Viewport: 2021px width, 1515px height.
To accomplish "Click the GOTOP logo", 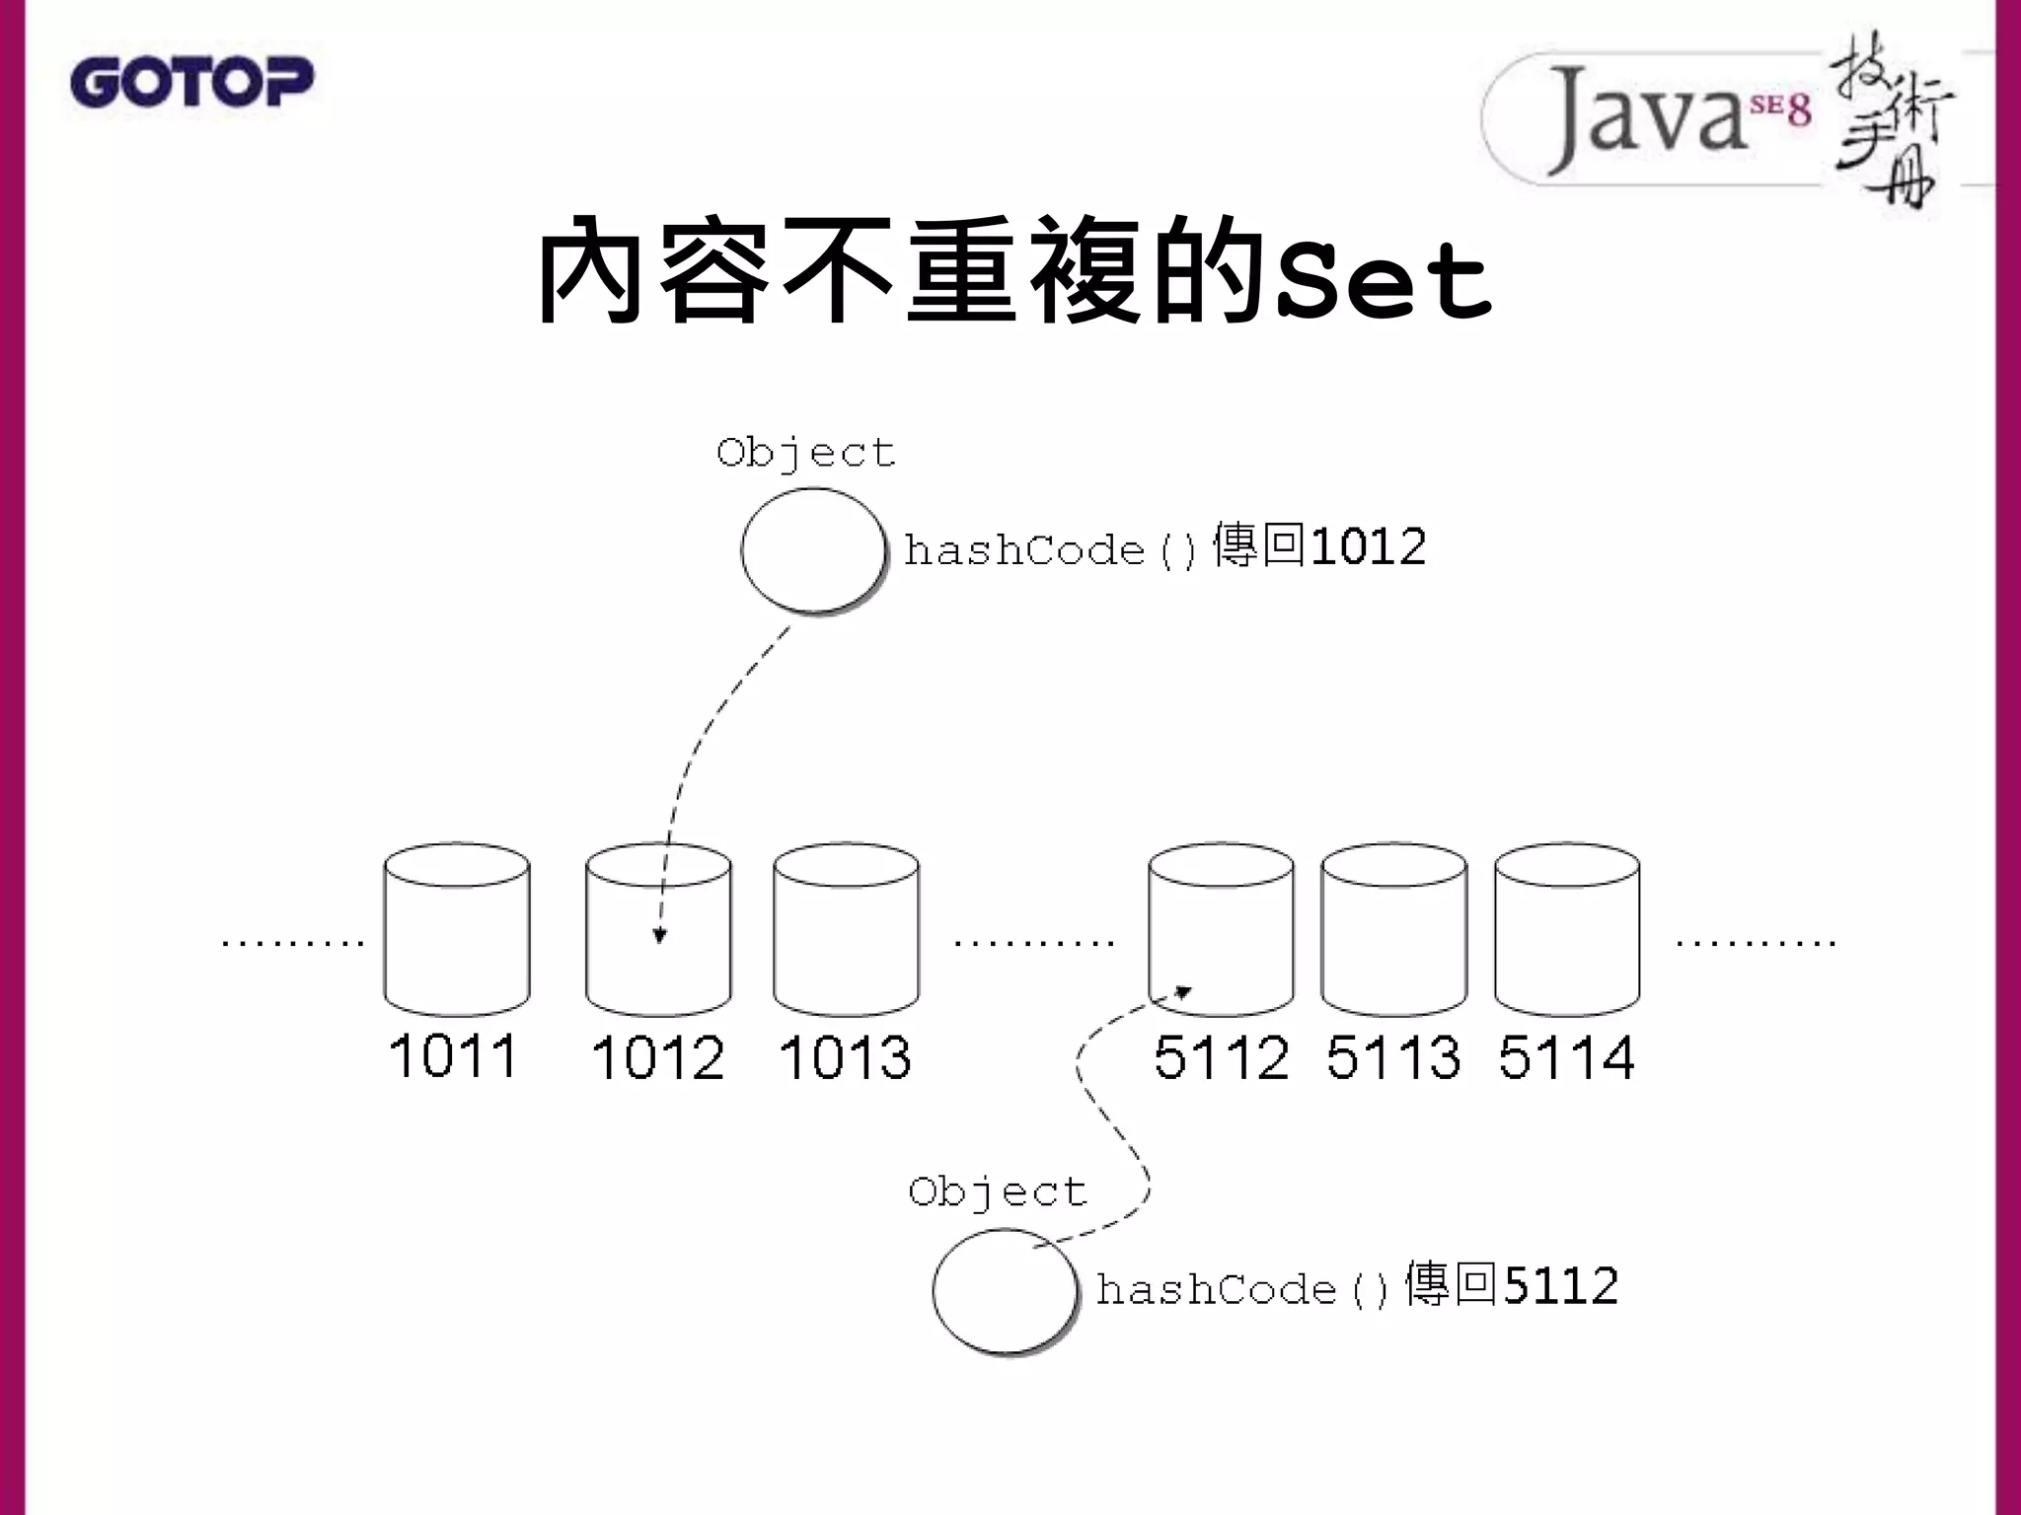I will (191, 81).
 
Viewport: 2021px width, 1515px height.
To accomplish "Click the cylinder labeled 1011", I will (457, 929).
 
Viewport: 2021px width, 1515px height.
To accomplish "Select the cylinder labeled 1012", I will (658, 929).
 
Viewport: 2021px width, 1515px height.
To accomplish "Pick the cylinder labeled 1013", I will (846, 929).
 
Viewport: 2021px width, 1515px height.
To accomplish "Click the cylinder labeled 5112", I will (1221, 929).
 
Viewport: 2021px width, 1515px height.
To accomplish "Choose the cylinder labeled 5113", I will (1393, 929).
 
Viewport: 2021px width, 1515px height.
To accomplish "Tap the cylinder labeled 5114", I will (1567, 929).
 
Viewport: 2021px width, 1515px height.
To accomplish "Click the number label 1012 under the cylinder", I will (657, 1058).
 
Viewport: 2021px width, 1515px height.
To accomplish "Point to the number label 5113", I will (1392, 1057).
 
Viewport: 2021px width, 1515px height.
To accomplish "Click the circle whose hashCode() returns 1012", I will (813, 550).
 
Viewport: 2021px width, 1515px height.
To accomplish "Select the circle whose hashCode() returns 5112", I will (1004, 1289).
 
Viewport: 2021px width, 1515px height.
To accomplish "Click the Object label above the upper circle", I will (805, 454).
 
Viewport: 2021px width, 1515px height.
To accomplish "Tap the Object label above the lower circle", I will (997, 1192).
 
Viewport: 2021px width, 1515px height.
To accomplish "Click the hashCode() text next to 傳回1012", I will (1050, 550).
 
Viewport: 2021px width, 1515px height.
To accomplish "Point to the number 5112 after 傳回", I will (1560, 1286).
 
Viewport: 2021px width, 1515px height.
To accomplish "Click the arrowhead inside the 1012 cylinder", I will (660, 935).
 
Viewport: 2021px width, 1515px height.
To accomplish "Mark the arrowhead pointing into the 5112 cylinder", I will (1183, 992).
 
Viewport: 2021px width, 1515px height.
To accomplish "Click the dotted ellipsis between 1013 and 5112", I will (1033, 943).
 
